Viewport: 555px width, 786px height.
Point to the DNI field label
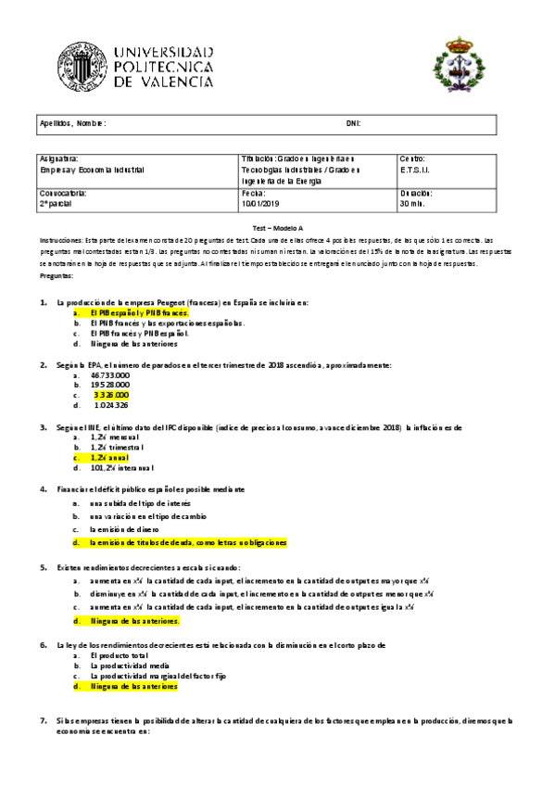pos(352,123)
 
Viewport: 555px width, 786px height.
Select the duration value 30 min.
pos(412,204)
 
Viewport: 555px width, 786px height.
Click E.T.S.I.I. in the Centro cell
pos(413,171)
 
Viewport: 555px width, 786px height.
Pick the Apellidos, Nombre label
pos(72,123)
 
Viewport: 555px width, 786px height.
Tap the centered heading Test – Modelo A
pos(277,228)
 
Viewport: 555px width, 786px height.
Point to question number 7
pos(44,720)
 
